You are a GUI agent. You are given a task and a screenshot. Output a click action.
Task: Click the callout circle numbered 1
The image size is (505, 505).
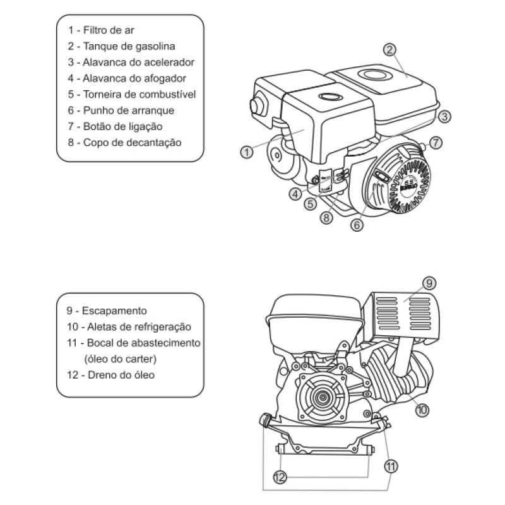coord(247,151)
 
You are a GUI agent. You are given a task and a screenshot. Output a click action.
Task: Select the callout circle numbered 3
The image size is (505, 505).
coord(444,116)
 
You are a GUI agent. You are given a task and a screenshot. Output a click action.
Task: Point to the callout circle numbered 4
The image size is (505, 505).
coord(296,194)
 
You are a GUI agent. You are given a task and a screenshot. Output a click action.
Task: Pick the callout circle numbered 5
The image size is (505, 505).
coord(310,204)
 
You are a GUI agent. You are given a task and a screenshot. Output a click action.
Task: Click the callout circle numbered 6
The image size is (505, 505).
coord(357,224)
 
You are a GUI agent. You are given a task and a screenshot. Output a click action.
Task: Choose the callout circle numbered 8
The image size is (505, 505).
coord(326,218)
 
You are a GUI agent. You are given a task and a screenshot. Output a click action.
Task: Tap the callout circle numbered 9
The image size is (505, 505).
coord(429,283)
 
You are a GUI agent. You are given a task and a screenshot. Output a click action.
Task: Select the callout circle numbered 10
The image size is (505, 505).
coord(422,409)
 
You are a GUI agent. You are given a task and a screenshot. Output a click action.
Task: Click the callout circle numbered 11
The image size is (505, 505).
coord(391,467)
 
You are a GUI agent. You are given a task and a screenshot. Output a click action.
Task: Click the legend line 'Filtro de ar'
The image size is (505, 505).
coord(108,30)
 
